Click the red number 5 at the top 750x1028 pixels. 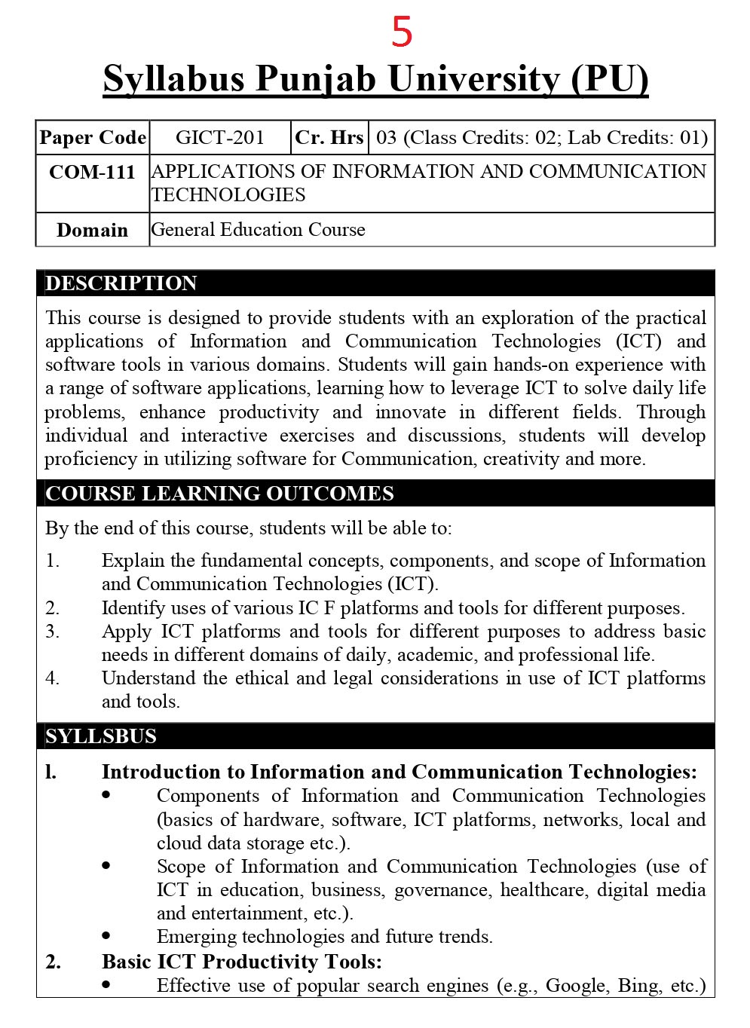(402, 32)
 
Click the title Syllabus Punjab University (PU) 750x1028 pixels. (375, 79)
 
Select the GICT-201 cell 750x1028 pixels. (220, 137)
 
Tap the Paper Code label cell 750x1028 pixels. (93, 137)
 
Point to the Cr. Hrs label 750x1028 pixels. (329, 137)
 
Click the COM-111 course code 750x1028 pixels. (92, 173)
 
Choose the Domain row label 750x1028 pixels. (92, 230)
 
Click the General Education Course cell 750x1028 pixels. (259, 229)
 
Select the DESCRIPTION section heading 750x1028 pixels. (121, 283)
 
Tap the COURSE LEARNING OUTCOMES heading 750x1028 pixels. (219, 494)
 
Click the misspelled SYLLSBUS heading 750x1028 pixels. (101, 736)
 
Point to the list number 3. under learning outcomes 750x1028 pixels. (53, 632)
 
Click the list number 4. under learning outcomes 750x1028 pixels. (53, 678)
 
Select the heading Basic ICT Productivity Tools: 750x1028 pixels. (241, 962)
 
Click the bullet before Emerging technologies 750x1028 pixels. (106, 936)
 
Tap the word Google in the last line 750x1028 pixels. (576, 986)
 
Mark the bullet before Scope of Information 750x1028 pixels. (106, 866)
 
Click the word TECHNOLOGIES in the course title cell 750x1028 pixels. (228, 195)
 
